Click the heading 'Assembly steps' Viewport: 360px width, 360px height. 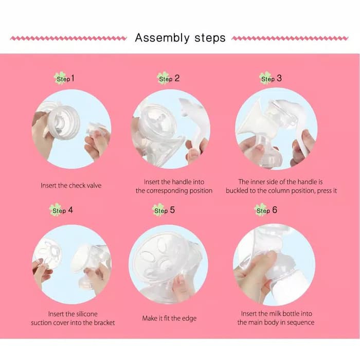179,38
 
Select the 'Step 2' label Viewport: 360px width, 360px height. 169,79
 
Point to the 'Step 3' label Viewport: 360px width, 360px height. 271,79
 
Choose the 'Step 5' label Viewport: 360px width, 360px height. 165,210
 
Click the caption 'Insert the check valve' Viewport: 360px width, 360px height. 71,185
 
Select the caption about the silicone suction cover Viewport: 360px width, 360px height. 73,318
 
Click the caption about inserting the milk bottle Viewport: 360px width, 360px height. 276,318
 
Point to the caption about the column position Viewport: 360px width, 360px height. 281,186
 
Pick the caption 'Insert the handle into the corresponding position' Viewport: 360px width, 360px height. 174,186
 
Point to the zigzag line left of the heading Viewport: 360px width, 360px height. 68,38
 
